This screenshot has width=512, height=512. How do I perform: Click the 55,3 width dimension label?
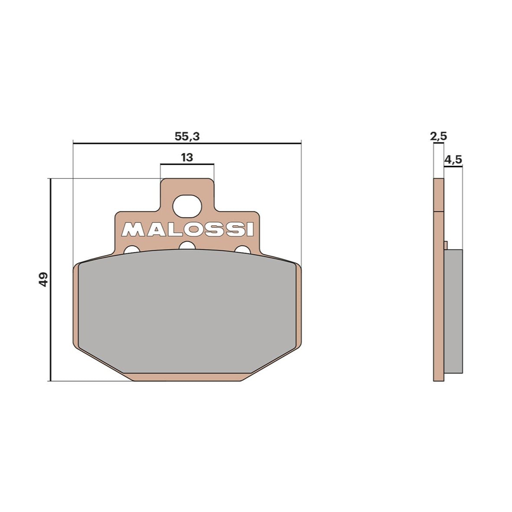pos(187,136)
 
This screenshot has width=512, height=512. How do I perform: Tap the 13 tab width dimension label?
pos(187,157)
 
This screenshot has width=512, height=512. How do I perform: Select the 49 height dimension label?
pos(43,279)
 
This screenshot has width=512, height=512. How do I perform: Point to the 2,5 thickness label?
pos(438,136)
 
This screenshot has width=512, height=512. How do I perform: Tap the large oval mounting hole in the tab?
pos(187,206)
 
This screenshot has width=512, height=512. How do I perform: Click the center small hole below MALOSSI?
pos(187,246)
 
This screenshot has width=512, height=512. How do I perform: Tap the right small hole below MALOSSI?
pos(243,251)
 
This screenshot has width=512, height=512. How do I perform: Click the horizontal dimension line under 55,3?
pos(187,143)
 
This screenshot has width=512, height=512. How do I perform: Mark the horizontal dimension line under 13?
pos(187,164)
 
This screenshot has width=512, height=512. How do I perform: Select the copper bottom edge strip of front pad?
pos(187,377)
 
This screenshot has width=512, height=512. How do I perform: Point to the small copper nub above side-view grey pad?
pos(445,245)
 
